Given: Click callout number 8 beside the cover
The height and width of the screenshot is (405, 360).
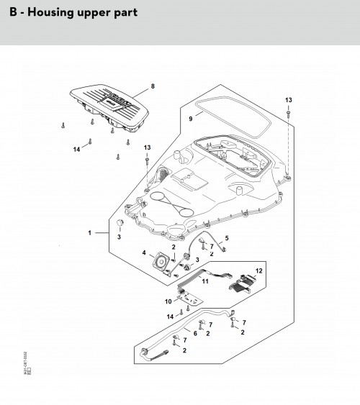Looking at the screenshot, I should click(152, 87).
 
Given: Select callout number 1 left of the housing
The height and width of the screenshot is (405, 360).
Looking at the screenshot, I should click(90, 233).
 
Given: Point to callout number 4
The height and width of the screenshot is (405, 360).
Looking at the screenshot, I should click(144, 252).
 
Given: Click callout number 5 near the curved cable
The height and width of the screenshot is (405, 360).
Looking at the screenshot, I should click(227, 238).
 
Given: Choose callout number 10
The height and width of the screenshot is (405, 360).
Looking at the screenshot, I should click(168, 301).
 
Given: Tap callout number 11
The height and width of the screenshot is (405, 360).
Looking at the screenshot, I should click(204, 281).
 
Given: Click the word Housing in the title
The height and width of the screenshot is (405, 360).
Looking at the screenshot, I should click(53, 12).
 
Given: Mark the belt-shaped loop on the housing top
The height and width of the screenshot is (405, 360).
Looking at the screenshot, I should click(171, 204).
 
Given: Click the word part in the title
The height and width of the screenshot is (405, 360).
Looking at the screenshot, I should click(124, 12).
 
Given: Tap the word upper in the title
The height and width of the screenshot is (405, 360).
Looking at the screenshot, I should click(93, 12).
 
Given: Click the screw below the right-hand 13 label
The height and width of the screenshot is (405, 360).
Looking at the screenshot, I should click(288, 114).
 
